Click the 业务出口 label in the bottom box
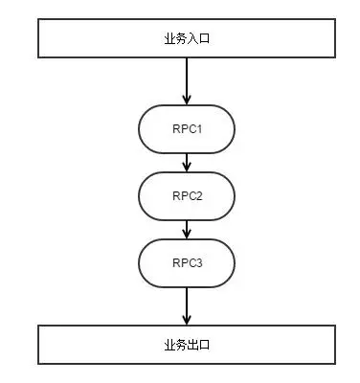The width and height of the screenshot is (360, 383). (x=187, y=343)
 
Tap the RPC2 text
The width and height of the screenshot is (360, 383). (x=188, y=195)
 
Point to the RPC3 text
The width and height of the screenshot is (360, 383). (x=188, y=261)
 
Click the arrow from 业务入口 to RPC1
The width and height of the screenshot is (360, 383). (x=187, y=81)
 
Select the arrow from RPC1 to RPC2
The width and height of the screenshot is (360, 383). (x=187, y=163)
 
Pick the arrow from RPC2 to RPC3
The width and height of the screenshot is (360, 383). (x=187, y=228)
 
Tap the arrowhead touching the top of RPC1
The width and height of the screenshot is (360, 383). (x=187, y=101)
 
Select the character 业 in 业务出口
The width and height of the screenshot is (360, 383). (x=169, y=343)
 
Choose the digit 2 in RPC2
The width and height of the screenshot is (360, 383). (x=200, y=195)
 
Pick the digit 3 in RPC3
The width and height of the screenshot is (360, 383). (x=200, y=261)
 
